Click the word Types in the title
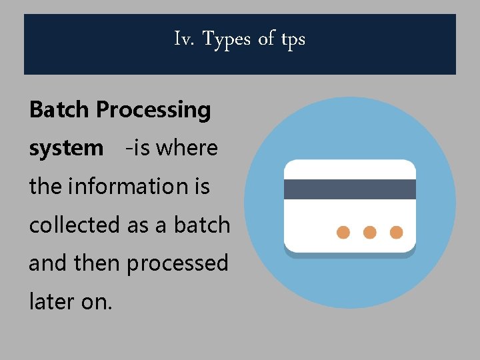click(226, 40)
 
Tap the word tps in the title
click(293, 40)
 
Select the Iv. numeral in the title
click(185, 39)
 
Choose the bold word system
click(66, 149)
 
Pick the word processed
click(177, 264)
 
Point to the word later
click(51, 301)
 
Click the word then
click(99, 263)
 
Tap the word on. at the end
click(97, 302)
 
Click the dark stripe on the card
click(350, 189)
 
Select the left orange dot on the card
click(343, 232)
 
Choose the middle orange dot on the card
click(370, 232)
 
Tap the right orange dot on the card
click(396, 232)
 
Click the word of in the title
click(266, 39)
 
